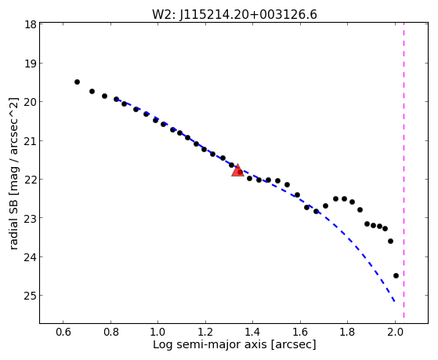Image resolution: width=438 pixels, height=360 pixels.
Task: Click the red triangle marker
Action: [237, 170]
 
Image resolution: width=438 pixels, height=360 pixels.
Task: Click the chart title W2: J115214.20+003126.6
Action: [234, 14]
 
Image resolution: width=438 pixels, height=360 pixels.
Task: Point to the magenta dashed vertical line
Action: [404, 170]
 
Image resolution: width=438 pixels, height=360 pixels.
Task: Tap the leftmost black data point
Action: [77, 82]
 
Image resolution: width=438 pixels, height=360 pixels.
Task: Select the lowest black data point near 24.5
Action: [396, 275]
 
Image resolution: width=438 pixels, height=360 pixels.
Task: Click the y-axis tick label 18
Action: [31, 24]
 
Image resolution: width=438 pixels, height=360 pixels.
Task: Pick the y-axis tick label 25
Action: [31, 296]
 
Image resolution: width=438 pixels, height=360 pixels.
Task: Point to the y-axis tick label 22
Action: [31, 180]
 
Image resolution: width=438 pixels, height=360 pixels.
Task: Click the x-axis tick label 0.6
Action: [63, 332]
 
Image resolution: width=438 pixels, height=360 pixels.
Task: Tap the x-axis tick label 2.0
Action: [395, 332]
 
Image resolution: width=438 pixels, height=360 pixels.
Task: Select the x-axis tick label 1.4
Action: [253, 332]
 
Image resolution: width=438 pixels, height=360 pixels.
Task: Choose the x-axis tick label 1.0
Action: [158, 332]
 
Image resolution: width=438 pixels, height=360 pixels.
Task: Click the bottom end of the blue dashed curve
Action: [394, 301]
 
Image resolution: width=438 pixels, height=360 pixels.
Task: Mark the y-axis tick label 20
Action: [31, 102]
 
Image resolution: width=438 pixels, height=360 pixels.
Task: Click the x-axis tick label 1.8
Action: [348, 332]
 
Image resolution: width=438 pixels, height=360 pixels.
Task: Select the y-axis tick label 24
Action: [31, 256]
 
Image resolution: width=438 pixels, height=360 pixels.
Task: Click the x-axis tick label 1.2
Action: [205, 332]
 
